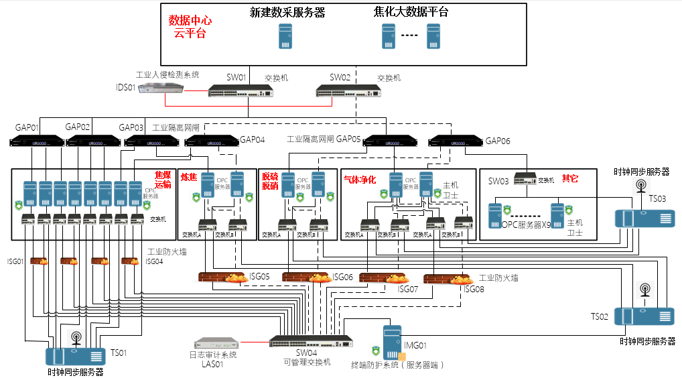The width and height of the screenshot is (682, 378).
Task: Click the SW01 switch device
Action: [x=239, y=90]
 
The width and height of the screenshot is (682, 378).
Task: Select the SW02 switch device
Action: [x=343, y=90]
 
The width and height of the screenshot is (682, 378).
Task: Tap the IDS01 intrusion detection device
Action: [x=162, y=88]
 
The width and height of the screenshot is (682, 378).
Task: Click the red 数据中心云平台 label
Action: [x=190, y=27]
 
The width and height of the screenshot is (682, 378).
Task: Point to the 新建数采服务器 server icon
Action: [x=286, y=36]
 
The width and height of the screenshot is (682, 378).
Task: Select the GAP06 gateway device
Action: [x=454, y=141]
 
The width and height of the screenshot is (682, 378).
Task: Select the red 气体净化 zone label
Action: [x=360, y=180]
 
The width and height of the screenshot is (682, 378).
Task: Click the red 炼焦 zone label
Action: [x=190, y=177]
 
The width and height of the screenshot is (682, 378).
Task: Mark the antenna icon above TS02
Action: [x=645, y=291]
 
